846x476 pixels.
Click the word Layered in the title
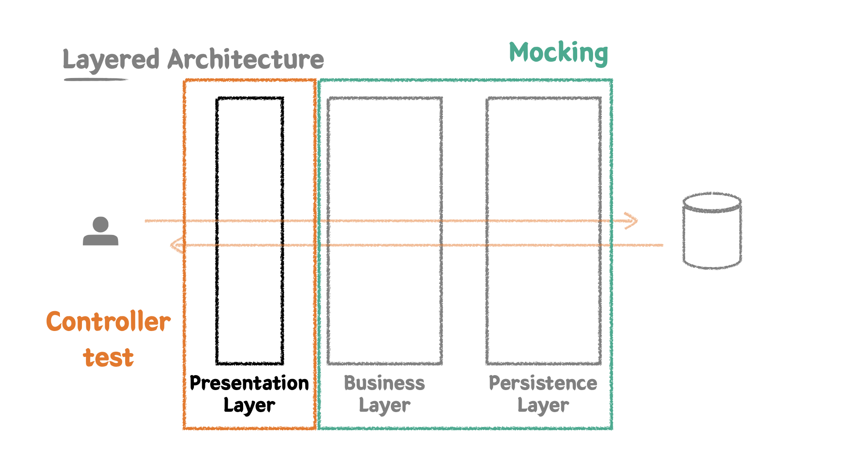pos(111,60)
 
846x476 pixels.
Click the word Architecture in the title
pos(245,60)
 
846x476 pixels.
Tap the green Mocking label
pos(558,53)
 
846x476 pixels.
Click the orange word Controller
pos(108,322)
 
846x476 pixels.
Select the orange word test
pos(108,357)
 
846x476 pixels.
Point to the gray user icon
pos(100,231)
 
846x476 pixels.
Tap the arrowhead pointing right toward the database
pos(632,221)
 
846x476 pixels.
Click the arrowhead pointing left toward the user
pos(177,245)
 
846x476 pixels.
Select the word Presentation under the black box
pos(249,383)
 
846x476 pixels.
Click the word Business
pos(384,383)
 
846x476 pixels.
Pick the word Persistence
pos(543,383)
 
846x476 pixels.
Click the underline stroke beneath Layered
pos(96,80)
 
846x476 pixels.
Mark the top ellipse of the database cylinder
pos(712,202)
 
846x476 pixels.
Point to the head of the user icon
pos(100,224)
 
